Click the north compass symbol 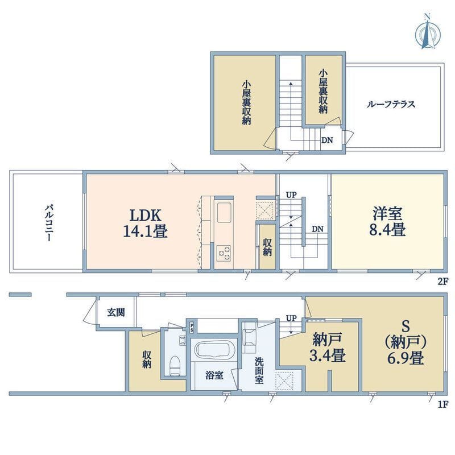click(x=428, y=32)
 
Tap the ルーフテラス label click(x=391, y=104)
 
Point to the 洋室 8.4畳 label click(x=387, y=221)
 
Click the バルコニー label click(x=48, y=222)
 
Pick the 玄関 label click(x=116, y=312)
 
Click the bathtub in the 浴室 click(x=214, y=350)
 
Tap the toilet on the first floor click(x=175, y=366)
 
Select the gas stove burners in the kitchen click(x=224, y=253)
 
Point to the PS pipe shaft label click(x=192, y=328)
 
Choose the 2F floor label click(x=443, y=281)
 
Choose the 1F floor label click(x=444, y=404)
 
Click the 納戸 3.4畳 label click(x=328, y=348)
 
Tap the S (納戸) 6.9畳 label click(x=406, y=344)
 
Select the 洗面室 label click(x=259, y=370)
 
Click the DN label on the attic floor click(x=327, y=140)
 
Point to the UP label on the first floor click(x=291, y=318)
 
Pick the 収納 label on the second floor click(x=267, y=247)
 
